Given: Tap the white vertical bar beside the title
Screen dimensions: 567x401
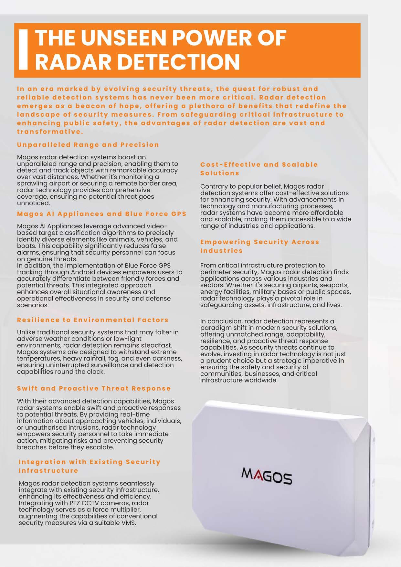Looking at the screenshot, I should [x=23, y=50].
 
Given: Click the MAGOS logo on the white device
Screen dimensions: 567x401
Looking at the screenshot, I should [x=267, y=476].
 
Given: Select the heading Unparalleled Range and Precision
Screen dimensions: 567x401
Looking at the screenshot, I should [x=88, y=145].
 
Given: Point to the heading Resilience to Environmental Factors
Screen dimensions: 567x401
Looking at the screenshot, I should [x=93, y=320].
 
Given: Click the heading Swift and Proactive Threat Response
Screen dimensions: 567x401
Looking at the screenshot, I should [x=94, y=388].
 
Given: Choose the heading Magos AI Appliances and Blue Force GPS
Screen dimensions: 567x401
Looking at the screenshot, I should [x=102, y=214].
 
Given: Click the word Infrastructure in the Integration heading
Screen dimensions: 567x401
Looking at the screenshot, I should [x=48, y=470].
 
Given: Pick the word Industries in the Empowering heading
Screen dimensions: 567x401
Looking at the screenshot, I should [x=221, y=250].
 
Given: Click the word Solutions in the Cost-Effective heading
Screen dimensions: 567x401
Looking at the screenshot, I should [x=220, y=173].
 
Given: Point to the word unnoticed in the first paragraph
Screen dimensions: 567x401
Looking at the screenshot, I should [x=34, y=203].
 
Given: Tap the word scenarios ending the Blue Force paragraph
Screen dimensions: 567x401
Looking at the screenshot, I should [x=33, y=305].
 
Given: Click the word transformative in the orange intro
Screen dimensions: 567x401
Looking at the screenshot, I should [x=50, y=131].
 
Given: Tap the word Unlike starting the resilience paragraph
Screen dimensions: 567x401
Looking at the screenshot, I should [x=26, y=332].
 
